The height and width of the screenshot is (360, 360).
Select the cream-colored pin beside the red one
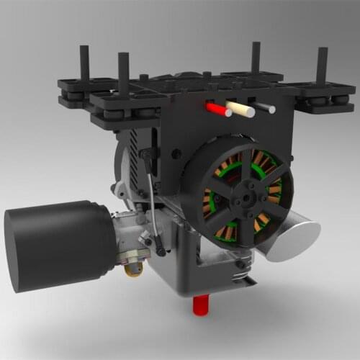(240, 109)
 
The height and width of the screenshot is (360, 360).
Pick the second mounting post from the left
(123, 72)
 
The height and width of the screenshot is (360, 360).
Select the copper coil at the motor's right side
(274, 190)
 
